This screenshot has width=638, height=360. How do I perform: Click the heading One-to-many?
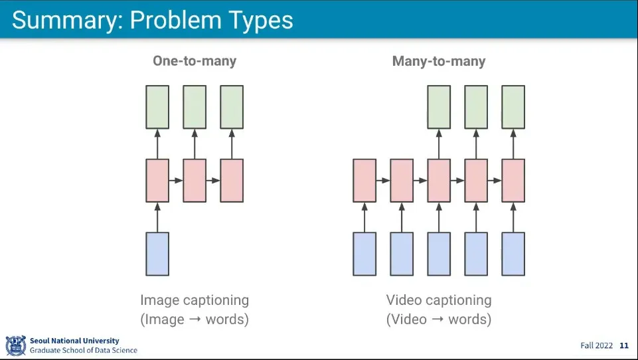195,61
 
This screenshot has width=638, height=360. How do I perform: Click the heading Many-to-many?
439,61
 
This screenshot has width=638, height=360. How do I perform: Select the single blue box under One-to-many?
157,254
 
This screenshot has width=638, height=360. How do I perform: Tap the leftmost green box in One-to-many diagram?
157,107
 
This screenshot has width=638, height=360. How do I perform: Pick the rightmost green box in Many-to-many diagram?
513,107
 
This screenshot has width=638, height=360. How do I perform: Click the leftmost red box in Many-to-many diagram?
364,180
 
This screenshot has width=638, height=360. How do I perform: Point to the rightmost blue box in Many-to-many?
513,254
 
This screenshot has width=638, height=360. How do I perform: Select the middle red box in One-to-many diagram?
195,180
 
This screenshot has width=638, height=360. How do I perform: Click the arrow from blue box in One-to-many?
157,217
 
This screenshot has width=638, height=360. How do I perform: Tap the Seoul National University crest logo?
15,345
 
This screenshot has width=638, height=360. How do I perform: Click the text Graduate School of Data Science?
84,350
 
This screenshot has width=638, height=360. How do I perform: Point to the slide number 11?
624,345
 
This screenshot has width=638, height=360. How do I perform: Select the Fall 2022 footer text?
596,345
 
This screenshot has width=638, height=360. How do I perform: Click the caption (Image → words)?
195,319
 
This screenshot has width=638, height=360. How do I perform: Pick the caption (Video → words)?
439,319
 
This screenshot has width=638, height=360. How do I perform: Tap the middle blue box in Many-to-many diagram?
439,254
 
